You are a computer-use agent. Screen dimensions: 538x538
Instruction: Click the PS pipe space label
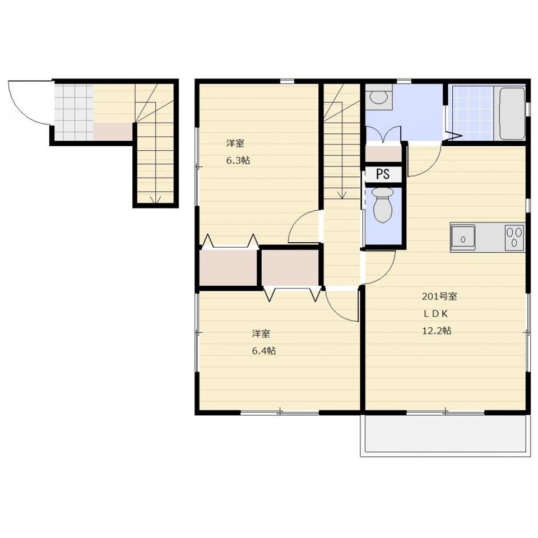click(x=383, y=174)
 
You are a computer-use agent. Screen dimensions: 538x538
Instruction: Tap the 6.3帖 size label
click(x=238, y=160)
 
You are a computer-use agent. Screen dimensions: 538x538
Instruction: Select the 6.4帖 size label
click(x=264, y=351)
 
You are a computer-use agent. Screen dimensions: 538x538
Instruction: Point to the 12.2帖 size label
click(x=436, y=331)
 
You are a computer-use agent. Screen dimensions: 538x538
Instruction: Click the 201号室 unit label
click(x=439, y=296)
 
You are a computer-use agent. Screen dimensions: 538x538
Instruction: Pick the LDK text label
click(x=435, y=314)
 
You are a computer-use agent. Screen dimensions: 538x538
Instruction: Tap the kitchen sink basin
click(x=463, y=237)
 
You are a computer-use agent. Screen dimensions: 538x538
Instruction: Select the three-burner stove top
click(x=514, y=237)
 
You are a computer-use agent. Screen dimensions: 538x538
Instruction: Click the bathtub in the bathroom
click(x=512, y=114)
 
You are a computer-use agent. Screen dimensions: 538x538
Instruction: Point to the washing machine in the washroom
click(x=379, y=97)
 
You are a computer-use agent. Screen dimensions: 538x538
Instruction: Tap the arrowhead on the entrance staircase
click(x=156, y=200)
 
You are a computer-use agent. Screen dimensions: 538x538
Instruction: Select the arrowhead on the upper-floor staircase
click(x=341, y=195)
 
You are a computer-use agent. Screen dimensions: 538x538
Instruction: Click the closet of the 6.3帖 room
click(x=229, y=268)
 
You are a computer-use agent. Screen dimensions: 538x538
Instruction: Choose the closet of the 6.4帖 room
click(x=291, y=268)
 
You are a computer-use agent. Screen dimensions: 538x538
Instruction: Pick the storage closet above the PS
click(x=383, y=154)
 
